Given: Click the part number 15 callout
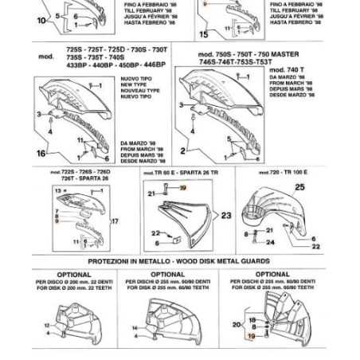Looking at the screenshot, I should coord(203,34).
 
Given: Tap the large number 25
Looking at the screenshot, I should coord(299,187).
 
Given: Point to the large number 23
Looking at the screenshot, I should coord(225,215).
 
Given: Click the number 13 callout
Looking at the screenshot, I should coord(59,191).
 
